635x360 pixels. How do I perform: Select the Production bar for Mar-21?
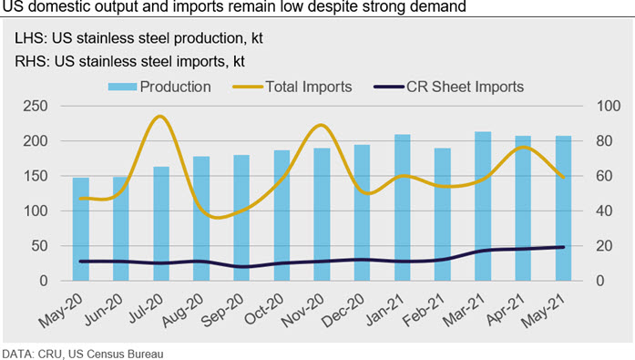coord(483,206)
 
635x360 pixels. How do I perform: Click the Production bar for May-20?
coord(80,229)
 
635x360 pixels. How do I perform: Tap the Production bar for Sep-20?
coord(241,218)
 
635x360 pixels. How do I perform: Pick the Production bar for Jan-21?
coord(403,208)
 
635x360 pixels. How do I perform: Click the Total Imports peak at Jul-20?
coord(160,117)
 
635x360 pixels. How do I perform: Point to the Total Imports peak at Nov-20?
coord(321,126)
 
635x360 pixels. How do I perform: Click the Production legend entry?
coord(159,87)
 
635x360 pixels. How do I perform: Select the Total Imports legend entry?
coord(292,87)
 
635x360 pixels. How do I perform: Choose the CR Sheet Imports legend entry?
coord(449,87)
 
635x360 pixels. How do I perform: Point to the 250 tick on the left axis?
coord(36,106)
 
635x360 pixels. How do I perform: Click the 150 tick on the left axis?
coord(36,176)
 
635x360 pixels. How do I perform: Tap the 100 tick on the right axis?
coord(609,106)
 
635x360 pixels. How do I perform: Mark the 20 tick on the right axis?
coord(604,246)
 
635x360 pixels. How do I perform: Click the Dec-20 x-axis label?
coord(343,310)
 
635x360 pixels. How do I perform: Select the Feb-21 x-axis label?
coord(424,310)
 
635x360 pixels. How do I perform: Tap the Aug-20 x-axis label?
coord(182,310)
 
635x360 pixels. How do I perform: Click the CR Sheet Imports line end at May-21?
coord(563,247)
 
